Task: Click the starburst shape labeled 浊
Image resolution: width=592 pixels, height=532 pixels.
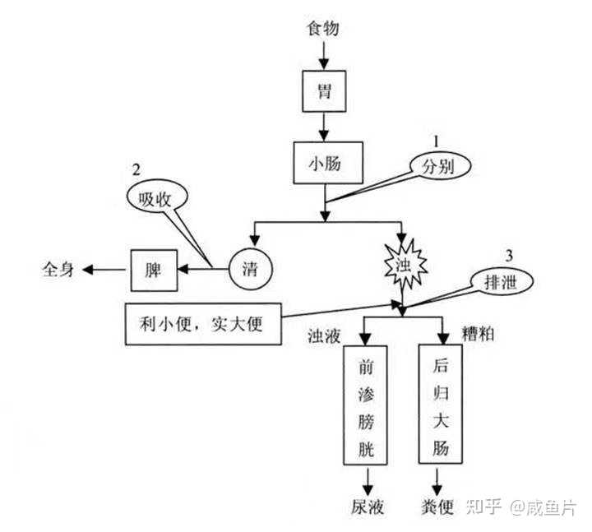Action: [402, 262]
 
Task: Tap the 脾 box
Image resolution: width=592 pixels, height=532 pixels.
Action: [155, 269]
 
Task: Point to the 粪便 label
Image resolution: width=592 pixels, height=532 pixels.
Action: [436, 507]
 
